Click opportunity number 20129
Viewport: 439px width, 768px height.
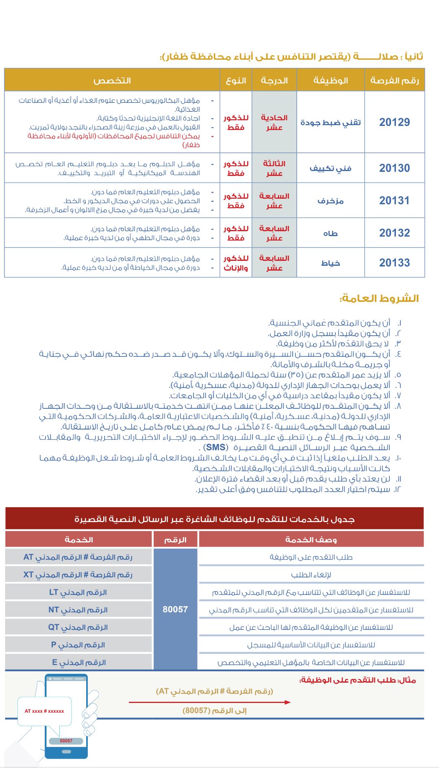pyautogui.click(x=394, y=122)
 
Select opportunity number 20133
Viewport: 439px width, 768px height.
pyautogui.click(x=394, y=263)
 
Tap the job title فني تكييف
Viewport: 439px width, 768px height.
pyautogui.click(x=330, y=168)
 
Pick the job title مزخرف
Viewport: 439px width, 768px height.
pyautogui.click(x=330, y=201)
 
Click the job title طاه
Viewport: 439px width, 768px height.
pyautogui.click(x=330, y=233)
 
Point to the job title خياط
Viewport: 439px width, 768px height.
pyautogui.click(x=330, y=263)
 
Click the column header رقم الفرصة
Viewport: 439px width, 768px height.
pyautogui.click(x=394, y=80)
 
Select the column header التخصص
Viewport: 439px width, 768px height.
pyautogui.click(x=112, y=80)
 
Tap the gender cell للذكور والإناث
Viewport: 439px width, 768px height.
pyautogui.click(x=236, y=263)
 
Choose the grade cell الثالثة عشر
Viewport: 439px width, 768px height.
pyautogui.click(x=274, y=168)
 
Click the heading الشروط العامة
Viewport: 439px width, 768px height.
pyautogui.click(x=379, y=299)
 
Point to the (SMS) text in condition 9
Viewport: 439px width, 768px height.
pyautogui.click(x=215, y=447)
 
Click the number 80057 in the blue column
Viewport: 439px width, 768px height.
pyautogui.click(x=175, y=609)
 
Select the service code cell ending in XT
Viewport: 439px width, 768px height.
pyautogui.click(x=78, y=575)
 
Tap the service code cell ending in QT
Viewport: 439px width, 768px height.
pyautogui.click(x=78, y=627)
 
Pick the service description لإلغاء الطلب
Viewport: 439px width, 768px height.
pyautogui.click(x=311, y=575)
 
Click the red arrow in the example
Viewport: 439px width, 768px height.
pyautogui.click(x=210, y=702)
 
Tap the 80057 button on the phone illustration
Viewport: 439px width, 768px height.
pyautogui.click(x=66, y=741)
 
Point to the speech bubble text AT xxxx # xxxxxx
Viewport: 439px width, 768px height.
pyautogui.click(x=44, y=711)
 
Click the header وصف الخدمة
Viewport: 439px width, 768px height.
pyautogui.click(x=311, y=540)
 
